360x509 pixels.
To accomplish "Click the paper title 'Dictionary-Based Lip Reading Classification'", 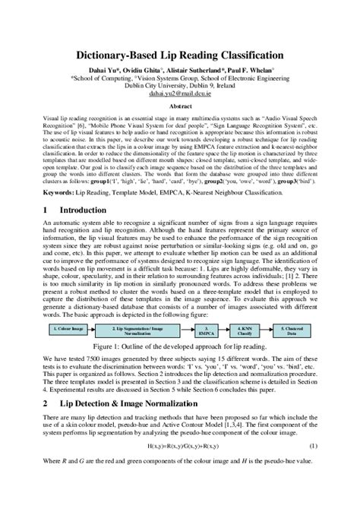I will coord(179,55).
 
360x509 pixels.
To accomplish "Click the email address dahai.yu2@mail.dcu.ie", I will coord(179,94).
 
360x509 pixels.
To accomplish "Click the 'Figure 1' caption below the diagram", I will coord(180,352).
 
